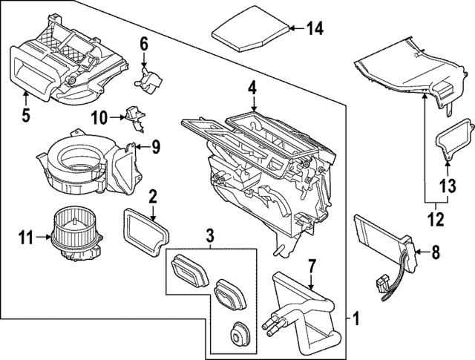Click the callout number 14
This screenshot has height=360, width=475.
point(315,29)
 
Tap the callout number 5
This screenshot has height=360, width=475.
point(25,115)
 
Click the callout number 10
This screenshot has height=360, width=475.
point(100,117)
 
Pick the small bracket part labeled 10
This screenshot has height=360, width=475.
point(134,114)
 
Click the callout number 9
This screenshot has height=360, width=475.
point(155,147)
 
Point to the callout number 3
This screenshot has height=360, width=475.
point(210,237)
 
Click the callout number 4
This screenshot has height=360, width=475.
point(252,88)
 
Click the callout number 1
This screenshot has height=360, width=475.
point(357,320)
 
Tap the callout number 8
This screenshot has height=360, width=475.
point(436,252)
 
